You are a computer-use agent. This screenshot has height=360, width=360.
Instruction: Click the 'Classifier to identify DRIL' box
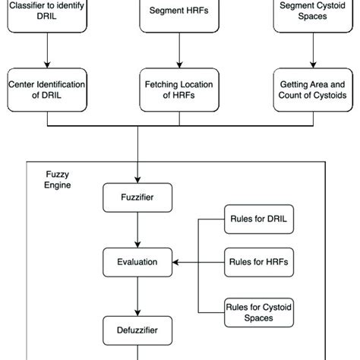(47, 15)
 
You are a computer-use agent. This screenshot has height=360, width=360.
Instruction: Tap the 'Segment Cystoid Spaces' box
(311, 15)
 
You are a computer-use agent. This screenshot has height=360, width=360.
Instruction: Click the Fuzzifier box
(137, 199)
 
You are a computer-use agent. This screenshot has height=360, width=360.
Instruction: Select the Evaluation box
(137, 262)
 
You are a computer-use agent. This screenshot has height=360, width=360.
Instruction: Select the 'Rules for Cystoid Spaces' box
(257, 311)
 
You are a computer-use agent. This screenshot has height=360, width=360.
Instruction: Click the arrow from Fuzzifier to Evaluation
(137, 230)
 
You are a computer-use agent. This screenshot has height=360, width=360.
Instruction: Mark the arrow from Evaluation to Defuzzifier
(137, 295)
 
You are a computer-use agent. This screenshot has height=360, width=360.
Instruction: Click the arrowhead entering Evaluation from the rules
(176, 263)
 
